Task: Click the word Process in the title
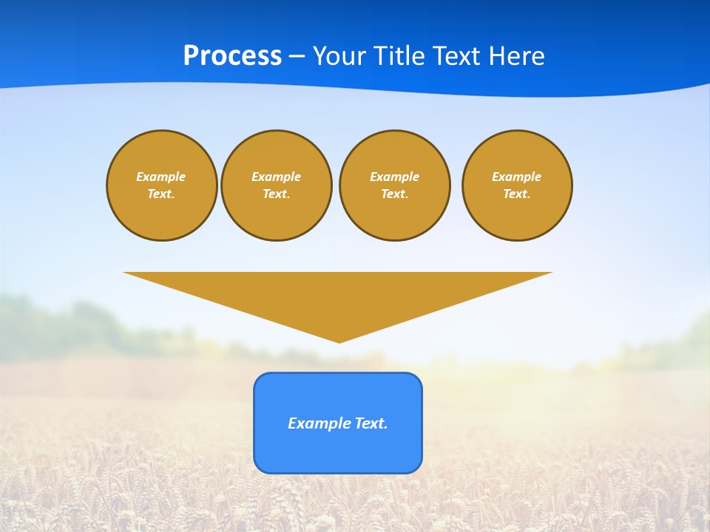click(x=232, y=55)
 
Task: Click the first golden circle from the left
click(x=162, y=185)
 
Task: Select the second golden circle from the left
click(x=277, y=185)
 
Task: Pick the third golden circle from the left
click(x=394, y=185)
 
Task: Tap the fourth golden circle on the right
click(x=517, y=185)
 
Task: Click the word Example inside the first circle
click(x=160, y=177)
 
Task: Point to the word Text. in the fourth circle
click(x=516, y=194)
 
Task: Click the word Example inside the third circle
click(x=394, y=177)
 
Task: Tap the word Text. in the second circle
click(x=276, y=194)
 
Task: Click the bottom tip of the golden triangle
click(x=339, y=341)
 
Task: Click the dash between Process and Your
click(x=297, y=56)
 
